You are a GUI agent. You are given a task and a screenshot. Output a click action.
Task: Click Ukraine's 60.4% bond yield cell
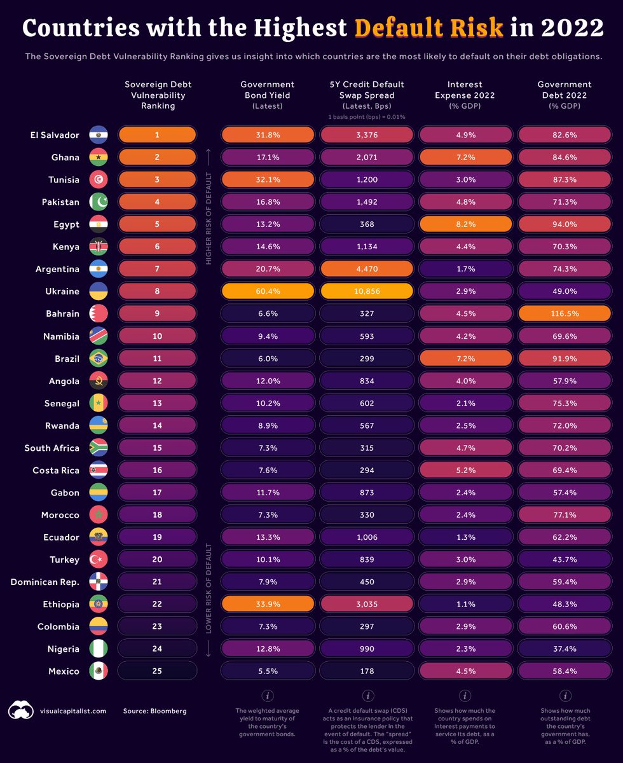point(268,291)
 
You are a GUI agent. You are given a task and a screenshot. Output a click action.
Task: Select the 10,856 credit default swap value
point(367,291)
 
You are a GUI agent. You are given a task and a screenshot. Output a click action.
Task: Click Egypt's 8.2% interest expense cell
point(465,224)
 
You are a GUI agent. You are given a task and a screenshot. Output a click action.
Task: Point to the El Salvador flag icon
point(99,135)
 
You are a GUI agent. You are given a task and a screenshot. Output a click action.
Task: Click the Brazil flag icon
point(99,359)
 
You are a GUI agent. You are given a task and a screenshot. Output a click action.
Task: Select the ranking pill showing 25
point(157,671)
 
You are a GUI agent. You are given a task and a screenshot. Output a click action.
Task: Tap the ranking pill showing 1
point(157,135)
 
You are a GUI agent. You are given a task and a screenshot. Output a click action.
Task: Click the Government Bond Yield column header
point(268,95)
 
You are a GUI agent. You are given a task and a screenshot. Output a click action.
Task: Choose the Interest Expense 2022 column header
point(465,95)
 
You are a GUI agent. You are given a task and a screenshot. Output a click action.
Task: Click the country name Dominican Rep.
point(45,582)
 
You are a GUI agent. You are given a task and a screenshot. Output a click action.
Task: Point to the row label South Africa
point(51,448)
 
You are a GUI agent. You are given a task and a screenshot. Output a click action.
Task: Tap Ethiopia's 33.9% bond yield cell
point(268,604)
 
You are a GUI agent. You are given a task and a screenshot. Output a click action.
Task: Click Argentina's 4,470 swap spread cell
point(367,269)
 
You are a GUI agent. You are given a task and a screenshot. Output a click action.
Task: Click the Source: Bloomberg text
point(154,711)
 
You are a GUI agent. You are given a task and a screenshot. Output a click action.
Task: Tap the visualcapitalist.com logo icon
point(20,710)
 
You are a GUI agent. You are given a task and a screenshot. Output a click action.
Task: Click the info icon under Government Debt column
point(564,696)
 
